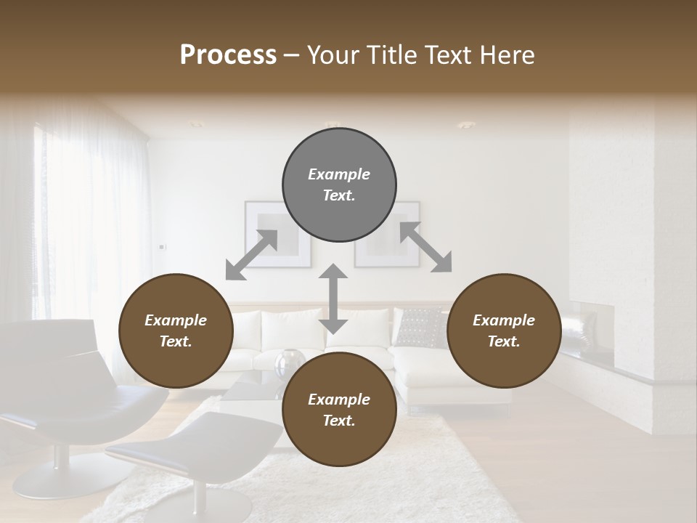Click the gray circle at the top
click(339, 185)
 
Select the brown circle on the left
click(176, 331)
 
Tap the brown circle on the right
click(504, 331)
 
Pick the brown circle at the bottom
click(339, 410)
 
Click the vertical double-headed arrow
click(333, 299)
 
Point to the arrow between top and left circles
click(251, 255)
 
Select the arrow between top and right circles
click(425, 248)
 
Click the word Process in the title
click(228, 54)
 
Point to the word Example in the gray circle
click(339, 174)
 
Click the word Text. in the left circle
click(176, 341)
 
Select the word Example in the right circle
click(504, 320)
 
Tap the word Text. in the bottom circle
click(339, 421)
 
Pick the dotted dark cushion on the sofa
click(422, 326)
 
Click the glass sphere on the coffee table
click(290, 361)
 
